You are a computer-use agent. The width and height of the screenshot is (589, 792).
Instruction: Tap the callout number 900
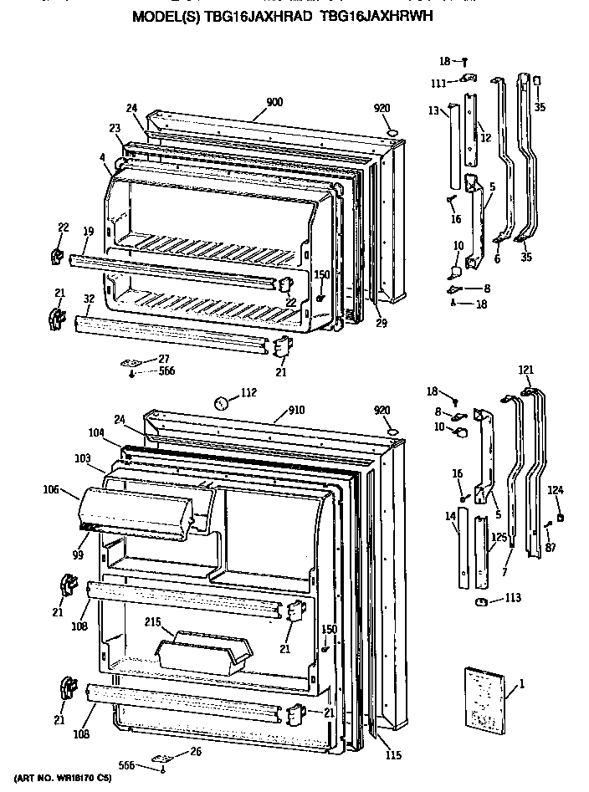(274, 102)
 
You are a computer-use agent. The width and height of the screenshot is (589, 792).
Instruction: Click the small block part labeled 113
(480, 600)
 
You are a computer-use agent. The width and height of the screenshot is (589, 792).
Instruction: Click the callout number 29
(381, 322)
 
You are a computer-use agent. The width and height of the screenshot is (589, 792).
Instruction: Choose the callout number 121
(525, 370)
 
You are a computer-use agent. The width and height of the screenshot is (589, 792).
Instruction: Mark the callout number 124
(556, 489)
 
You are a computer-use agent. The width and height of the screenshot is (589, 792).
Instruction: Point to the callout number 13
(433, 110)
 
